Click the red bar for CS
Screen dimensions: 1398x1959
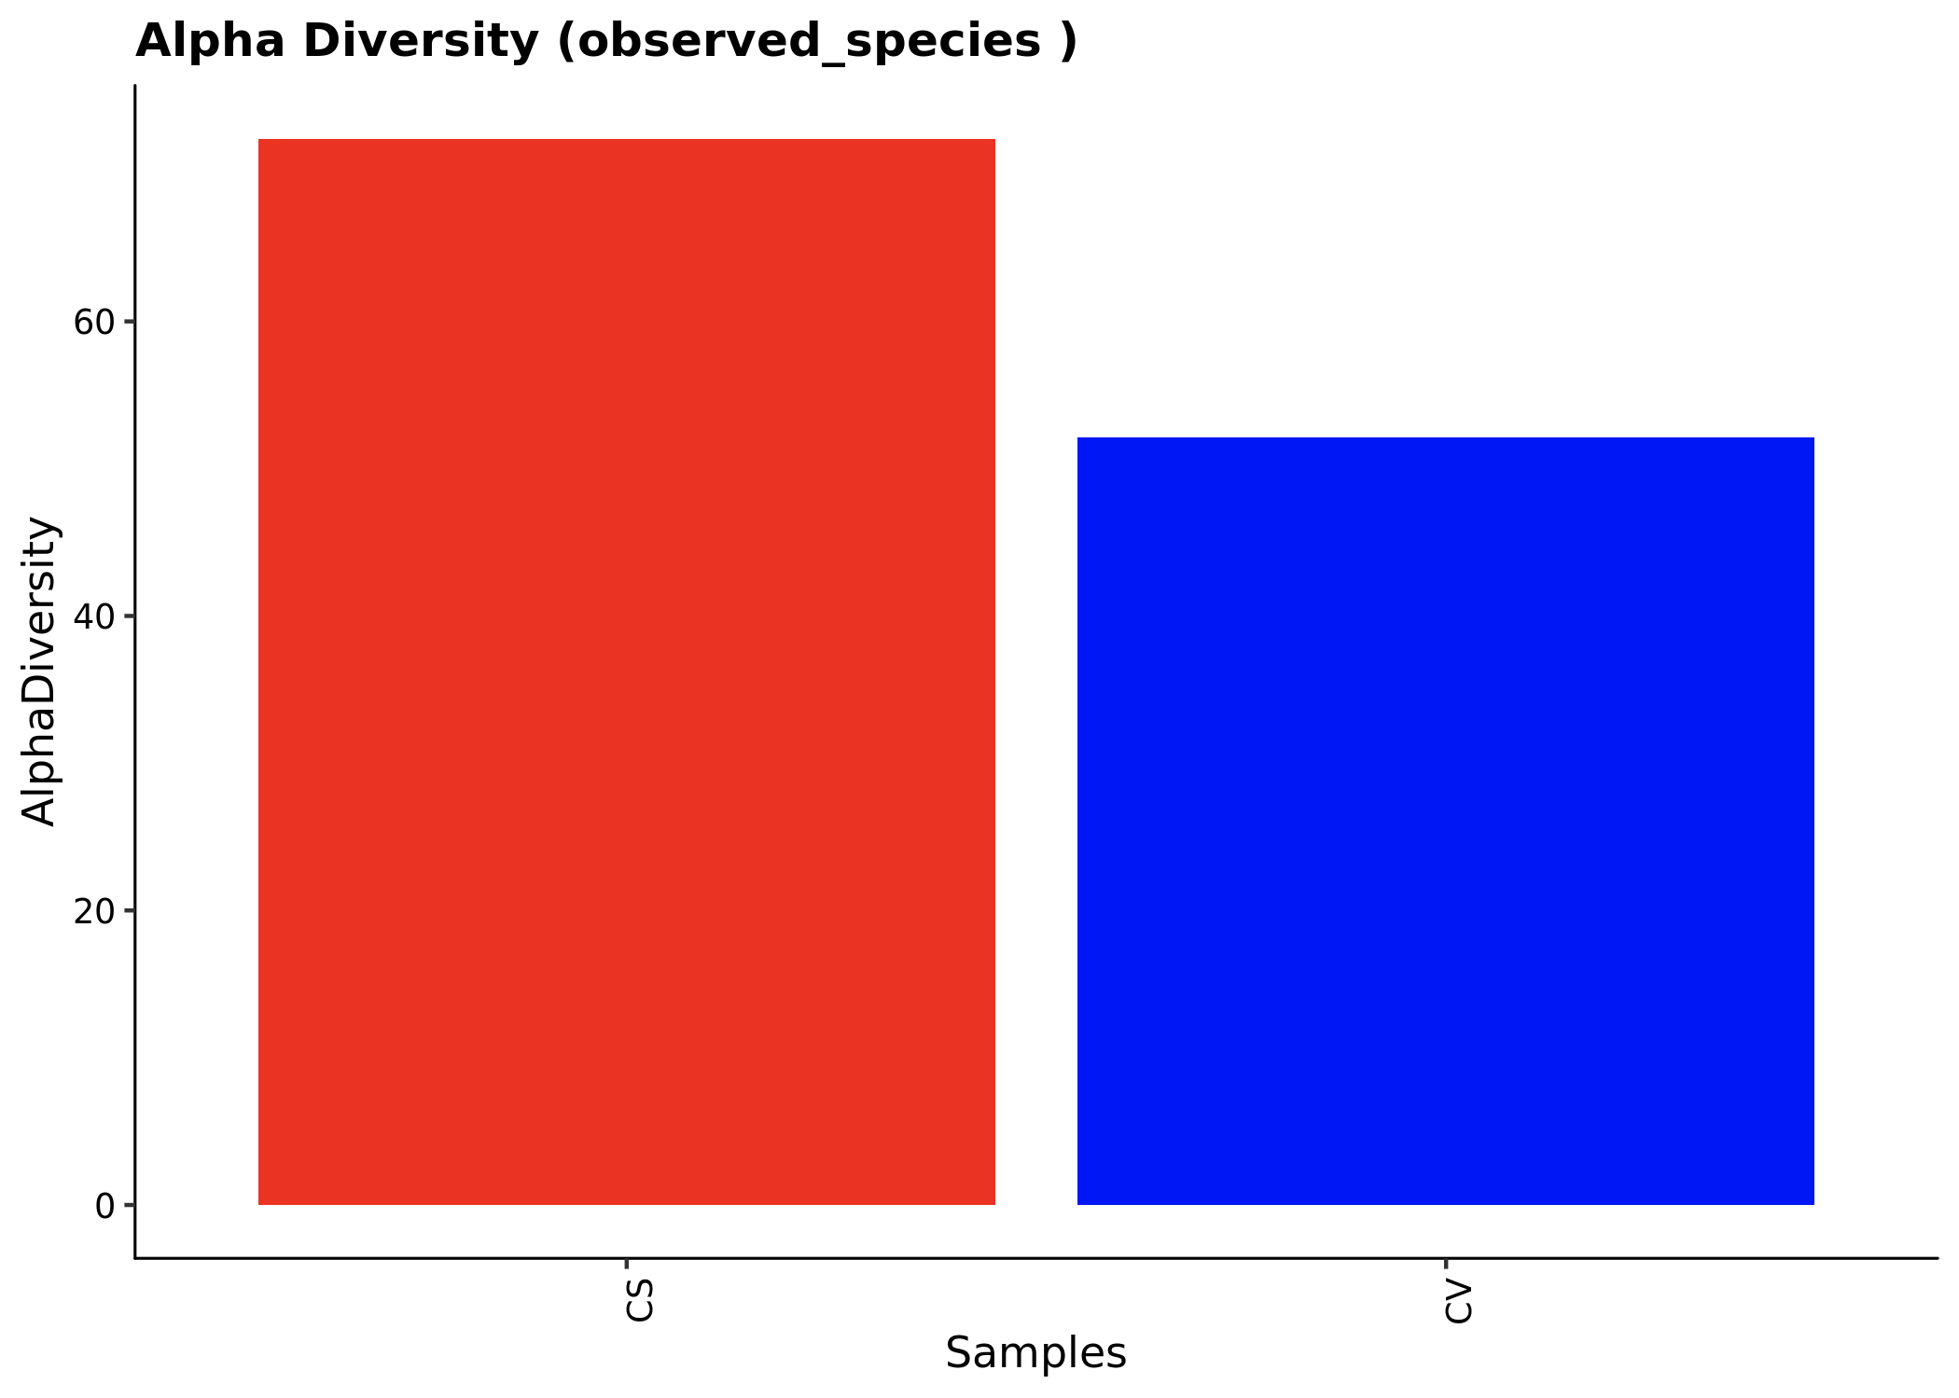[x=626, y=671]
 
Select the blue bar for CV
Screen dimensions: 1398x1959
[x=1445, y=821]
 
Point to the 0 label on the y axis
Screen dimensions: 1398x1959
[x=104, y=1206]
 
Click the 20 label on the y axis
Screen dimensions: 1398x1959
[x=93, y=911]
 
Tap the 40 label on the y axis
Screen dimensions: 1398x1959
[x=93, y=616]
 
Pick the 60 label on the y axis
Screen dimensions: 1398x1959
[x=93, y=323]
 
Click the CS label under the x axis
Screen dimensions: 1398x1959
[x=640, y=1300]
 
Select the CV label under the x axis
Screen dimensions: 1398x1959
[x=1459, y=1300]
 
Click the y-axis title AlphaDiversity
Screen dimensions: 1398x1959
[x=39, y=671]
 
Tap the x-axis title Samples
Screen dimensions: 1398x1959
[x=1035, y=1353]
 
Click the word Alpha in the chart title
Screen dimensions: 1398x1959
[x=210, y=41]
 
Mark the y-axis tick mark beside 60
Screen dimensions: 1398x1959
[x=130, y=322]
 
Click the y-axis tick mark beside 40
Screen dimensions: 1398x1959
[x=130, y=616]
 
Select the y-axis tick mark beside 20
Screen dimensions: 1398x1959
[x=130, y=910]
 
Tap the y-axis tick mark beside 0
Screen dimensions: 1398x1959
[x=130, y=1205]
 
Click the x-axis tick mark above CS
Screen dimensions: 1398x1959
[x=626, y=1263]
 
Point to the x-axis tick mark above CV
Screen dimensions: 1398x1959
[x=1445, y=1263]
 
